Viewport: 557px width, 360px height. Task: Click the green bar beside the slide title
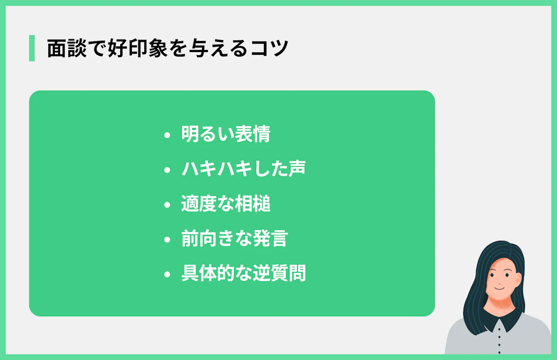pos(32,48)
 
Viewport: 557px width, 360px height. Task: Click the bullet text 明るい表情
pos(226,135)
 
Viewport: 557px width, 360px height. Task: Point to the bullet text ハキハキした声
pos(243,169)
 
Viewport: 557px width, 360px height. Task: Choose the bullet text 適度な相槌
pos(226,204)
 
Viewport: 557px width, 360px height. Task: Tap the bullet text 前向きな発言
pos(234,238)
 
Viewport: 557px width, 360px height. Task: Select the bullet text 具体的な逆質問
pos(243,273)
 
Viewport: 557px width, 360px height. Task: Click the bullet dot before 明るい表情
pos(168,135)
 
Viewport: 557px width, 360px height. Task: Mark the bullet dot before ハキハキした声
pos(168,170)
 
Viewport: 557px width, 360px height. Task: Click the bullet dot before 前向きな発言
pos(168,240)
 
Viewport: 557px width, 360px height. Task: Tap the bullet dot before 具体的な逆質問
pos(168,275)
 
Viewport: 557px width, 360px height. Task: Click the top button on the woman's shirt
pos(499,329)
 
